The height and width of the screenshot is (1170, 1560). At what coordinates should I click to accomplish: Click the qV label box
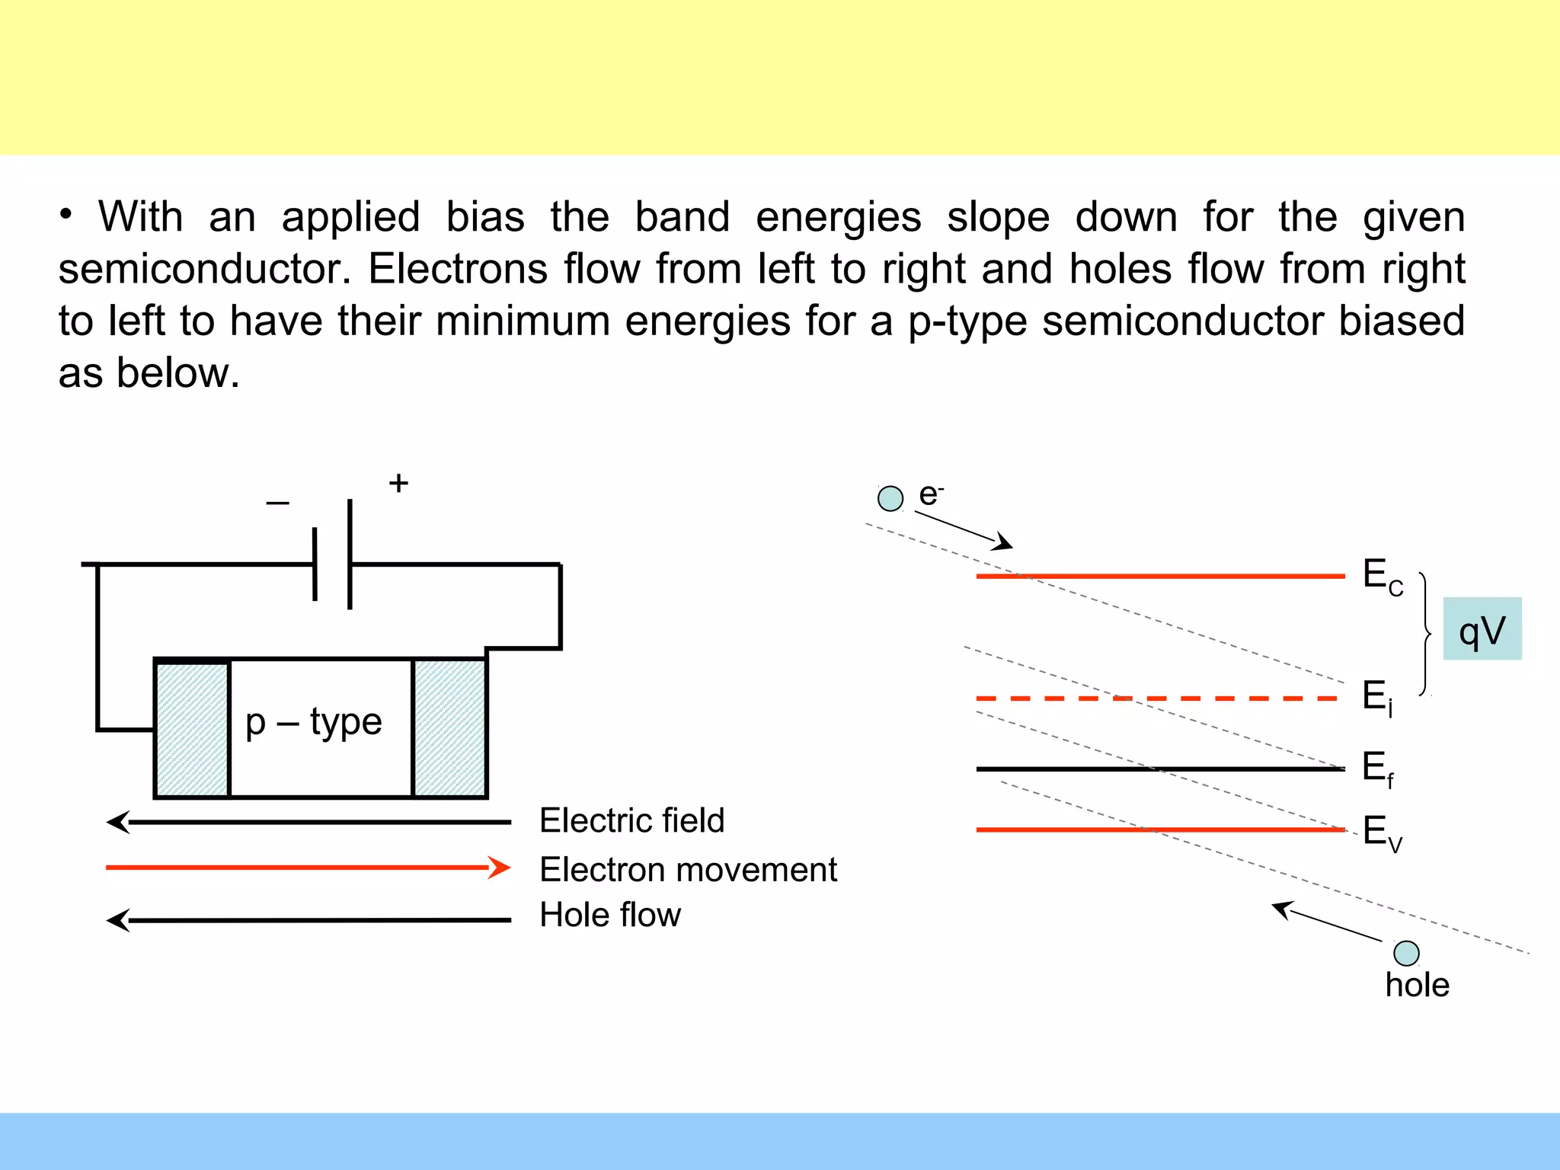pos(1482,629)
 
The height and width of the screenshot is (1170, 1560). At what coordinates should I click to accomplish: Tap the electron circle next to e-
pos(890,499)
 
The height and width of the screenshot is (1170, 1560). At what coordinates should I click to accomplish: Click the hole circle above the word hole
pos(1406,953)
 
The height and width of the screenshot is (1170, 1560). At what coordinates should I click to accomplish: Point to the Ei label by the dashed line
pos(1377,698)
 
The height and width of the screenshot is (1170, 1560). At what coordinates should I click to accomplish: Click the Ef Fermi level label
pos(1377,768)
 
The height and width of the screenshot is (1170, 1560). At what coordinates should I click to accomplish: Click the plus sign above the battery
pos(398,483)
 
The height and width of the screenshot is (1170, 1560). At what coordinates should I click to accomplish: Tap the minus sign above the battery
pos(277,503)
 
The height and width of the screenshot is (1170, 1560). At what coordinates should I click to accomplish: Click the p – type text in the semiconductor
pos(313,722)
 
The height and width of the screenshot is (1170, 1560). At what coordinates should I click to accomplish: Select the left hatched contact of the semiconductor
pos(192,729)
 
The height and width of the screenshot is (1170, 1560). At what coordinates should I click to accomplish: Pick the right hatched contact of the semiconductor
pos(449,729)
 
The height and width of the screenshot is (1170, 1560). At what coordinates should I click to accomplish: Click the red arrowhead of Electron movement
pos(500,868)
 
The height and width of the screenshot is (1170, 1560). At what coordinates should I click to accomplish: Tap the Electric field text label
pos(631,821)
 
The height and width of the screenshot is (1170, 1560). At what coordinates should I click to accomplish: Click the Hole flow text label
pos(610,915)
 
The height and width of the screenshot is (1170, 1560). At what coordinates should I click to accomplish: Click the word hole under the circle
pos(1417,985)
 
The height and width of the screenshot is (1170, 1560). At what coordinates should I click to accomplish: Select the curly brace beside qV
pos(1425,634)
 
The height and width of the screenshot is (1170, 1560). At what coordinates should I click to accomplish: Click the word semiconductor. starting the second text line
pos(205,270)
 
